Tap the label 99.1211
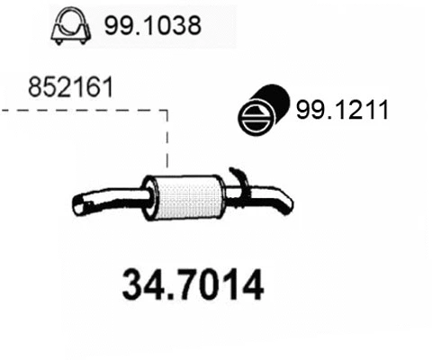(342, 111)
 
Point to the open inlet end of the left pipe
(79, 208)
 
